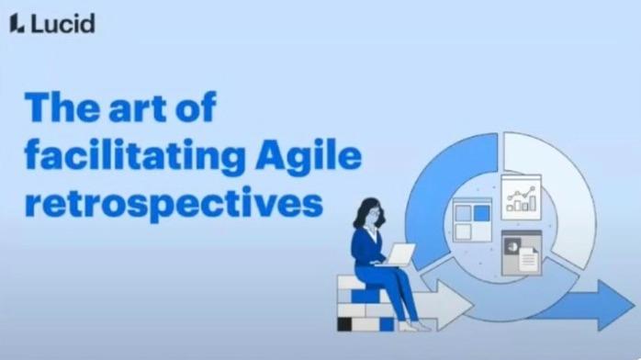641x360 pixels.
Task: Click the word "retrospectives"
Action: point(174,202)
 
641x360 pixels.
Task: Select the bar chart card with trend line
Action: point(521,195)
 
